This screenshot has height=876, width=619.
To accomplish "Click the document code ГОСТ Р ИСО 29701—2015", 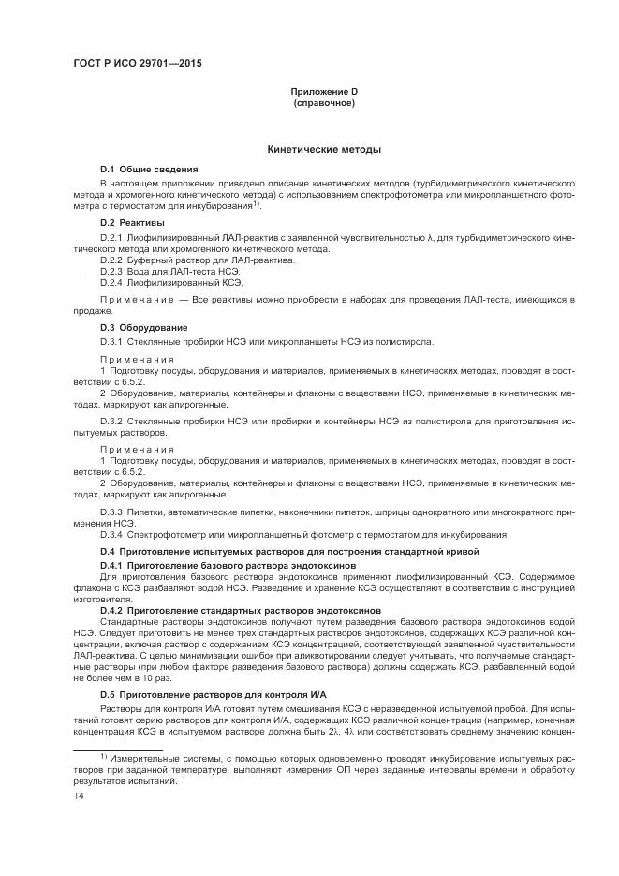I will coord(136,64).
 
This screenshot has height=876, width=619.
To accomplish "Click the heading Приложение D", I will coord(323,91).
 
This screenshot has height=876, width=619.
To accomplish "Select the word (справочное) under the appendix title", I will coord(323,102).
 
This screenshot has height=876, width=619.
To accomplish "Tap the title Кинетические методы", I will coord(323,149).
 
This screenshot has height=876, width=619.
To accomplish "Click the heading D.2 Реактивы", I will coord(132,223).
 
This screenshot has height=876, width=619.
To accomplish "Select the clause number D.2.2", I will coord(111,260).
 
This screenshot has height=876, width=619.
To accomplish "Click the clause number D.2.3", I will coord(111,271).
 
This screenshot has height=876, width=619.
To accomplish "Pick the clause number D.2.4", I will coord(111,281).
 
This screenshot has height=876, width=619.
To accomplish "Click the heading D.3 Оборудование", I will coord(144,327).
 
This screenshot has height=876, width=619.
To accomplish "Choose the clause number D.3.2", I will coord(111,421).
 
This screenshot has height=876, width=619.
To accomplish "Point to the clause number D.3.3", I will coord(111,511).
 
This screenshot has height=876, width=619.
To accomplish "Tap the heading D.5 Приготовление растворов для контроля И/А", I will coord(213,693).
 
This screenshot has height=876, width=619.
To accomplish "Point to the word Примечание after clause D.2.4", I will coord(137,299).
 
